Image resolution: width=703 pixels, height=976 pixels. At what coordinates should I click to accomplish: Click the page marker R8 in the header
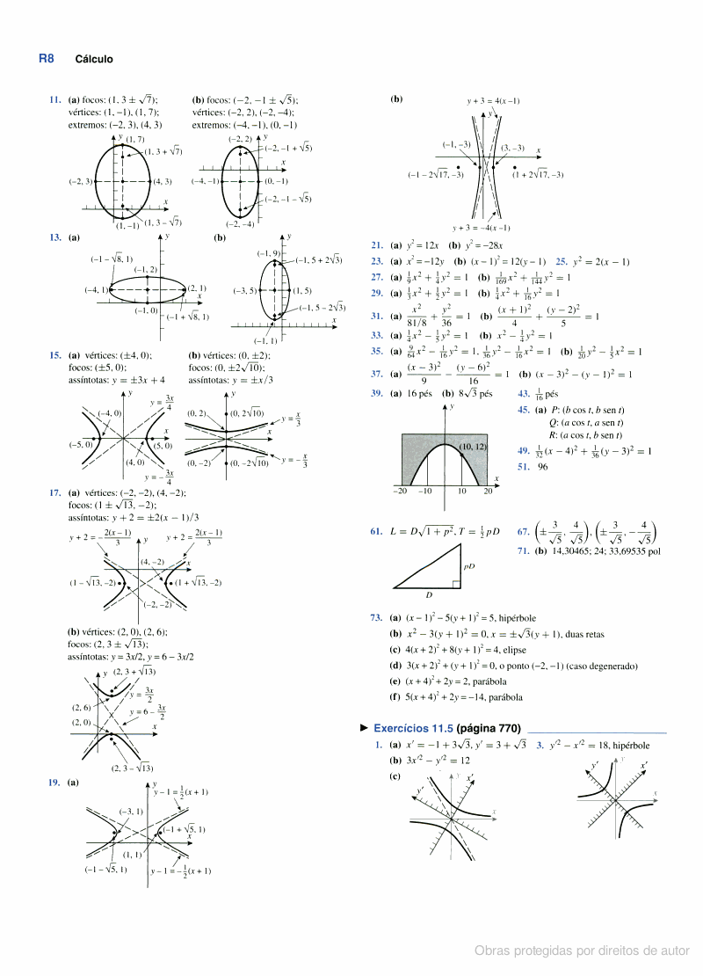[47, 59]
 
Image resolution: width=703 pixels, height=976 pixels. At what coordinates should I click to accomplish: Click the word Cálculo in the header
[94, 60]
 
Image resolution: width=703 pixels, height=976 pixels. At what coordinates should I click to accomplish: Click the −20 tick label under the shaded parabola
[400, 491]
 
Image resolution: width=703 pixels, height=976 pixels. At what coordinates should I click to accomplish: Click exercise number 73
[376, 618]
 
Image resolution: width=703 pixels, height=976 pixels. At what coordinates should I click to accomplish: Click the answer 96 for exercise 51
[543, 467]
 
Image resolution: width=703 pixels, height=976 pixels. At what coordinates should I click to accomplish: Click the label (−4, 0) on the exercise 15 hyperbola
[109, 412]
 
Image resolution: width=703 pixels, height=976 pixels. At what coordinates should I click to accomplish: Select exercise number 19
[55, 782]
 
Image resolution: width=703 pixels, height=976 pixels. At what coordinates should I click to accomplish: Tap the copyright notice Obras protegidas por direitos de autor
[582, 951]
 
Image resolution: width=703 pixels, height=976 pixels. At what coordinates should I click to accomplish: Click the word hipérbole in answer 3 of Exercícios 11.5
[631, 745]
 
